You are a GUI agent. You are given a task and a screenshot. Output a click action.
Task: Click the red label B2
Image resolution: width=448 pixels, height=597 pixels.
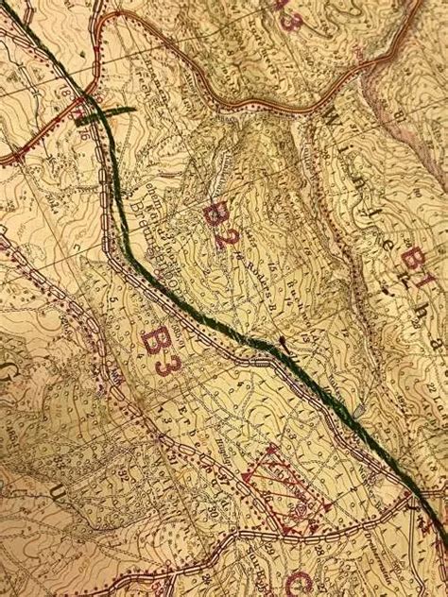pyautogui.click(x=219, y=224)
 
